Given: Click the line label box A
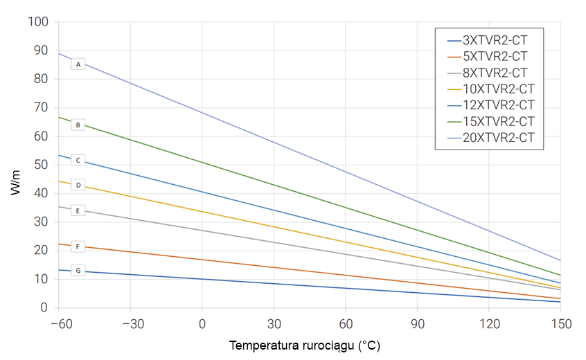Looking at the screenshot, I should click(78, 64).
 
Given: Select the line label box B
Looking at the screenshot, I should click(78, 125).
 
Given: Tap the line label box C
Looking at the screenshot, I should click(78, 160).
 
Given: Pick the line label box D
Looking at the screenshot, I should click(78, 185).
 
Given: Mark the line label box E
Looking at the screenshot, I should click(78, 210).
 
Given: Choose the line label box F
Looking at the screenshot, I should click(78, 246).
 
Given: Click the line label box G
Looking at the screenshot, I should click(78, 270).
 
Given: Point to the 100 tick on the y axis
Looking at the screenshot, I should click(38, 22).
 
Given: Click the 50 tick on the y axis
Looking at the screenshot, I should click(41, 165).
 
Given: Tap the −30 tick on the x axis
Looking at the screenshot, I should click(130, 323).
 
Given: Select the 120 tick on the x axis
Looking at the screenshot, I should click(489, 323).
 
